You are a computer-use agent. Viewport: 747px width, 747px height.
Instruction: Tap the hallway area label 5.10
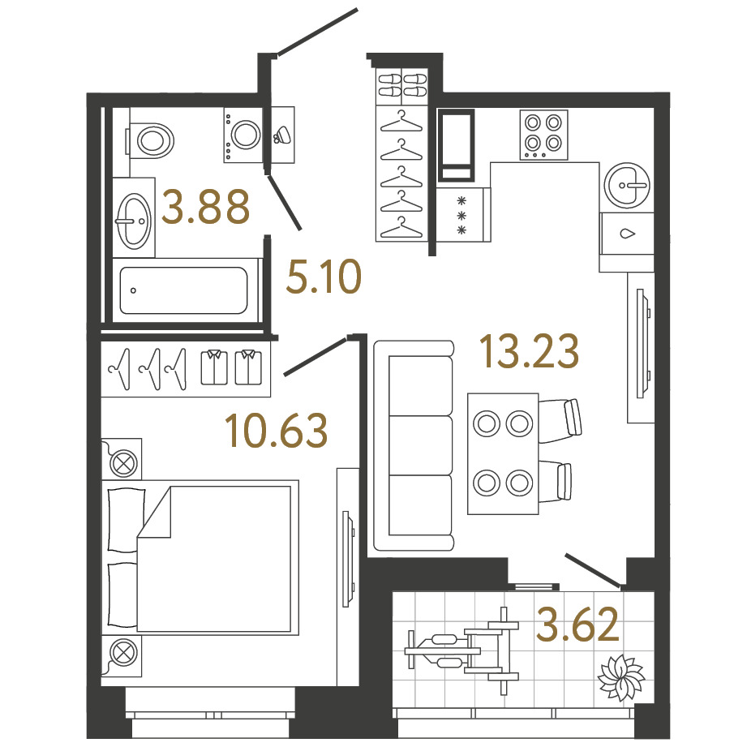324,277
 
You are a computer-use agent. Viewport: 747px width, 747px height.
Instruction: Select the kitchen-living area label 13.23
529,351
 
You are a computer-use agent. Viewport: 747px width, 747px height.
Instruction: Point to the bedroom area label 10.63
276,431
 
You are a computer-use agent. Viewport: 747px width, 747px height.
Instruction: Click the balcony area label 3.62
577,624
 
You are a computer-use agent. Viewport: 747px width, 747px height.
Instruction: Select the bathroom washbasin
134,221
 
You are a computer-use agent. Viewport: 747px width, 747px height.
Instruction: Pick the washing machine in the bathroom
243,135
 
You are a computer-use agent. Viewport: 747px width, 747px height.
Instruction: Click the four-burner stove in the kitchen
543,135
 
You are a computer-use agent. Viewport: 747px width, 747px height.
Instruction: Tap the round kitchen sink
627,185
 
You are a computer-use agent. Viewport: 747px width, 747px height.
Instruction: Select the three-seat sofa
414,445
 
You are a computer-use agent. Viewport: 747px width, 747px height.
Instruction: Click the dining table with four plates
503,453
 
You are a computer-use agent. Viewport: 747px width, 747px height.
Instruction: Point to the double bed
200,557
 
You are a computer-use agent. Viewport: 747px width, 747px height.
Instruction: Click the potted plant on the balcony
620,677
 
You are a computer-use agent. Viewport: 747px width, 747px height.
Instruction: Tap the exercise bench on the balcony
462,650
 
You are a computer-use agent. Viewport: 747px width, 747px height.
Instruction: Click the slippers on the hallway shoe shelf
402,85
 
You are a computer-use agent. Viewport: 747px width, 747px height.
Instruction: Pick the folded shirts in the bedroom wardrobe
231,367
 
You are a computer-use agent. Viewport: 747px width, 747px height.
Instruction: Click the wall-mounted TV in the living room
641,343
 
